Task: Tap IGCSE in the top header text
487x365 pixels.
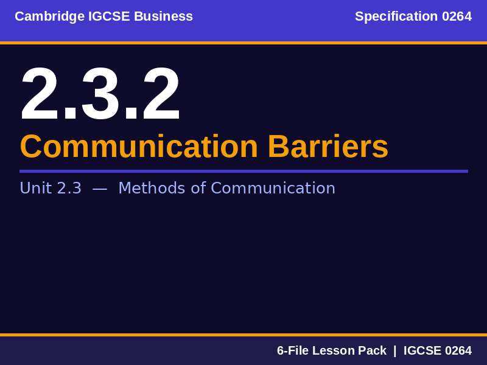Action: coord(109,16)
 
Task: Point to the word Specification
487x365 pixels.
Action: coord(396,16)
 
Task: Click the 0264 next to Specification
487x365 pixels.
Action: coord(457,16)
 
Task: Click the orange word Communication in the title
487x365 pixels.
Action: coord(139,147)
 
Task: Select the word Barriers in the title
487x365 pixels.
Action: coord(328,147)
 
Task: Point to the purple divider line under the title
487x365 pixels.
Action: coord(243,171)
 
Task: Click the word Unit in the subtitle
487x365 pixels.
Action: coord(34,189)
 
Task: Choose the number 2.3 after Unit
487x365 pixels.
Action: coord(69,189)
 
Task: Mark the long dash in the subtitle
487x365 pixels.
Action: coord(100,189)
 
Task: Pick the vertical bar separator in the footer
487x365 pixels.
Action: coord(394,350)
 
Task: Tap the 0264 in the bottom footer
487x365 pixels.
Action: coord(458,350)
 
